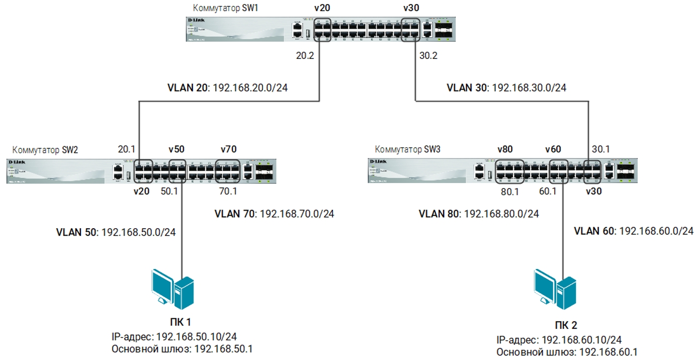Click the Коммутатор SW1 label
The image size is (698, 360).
222,9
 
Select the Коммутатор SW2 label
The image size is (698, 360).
46,149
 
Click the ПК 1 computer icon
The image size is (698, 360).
172,290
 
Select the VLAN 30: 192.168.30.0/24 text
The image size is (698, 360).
506,87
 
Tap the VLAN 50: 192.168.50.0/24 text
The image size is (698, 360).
116,232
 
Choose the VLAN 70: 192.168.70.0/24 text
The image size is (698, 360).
274,214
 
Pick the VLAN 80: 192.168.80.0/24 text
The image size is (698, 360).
479,214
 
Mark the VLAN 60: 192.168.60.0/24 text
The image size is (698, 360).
634,231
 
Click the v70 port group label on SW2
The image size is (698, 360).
228,149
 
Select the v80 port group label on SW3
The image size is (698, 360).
505,149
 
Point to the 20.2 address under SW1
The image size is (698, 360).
305,56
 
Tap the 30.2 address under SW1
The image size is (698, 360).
428,56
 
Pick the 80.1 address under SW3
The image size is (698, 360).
509,191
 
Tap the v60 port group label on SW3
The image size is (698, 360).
553,149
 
